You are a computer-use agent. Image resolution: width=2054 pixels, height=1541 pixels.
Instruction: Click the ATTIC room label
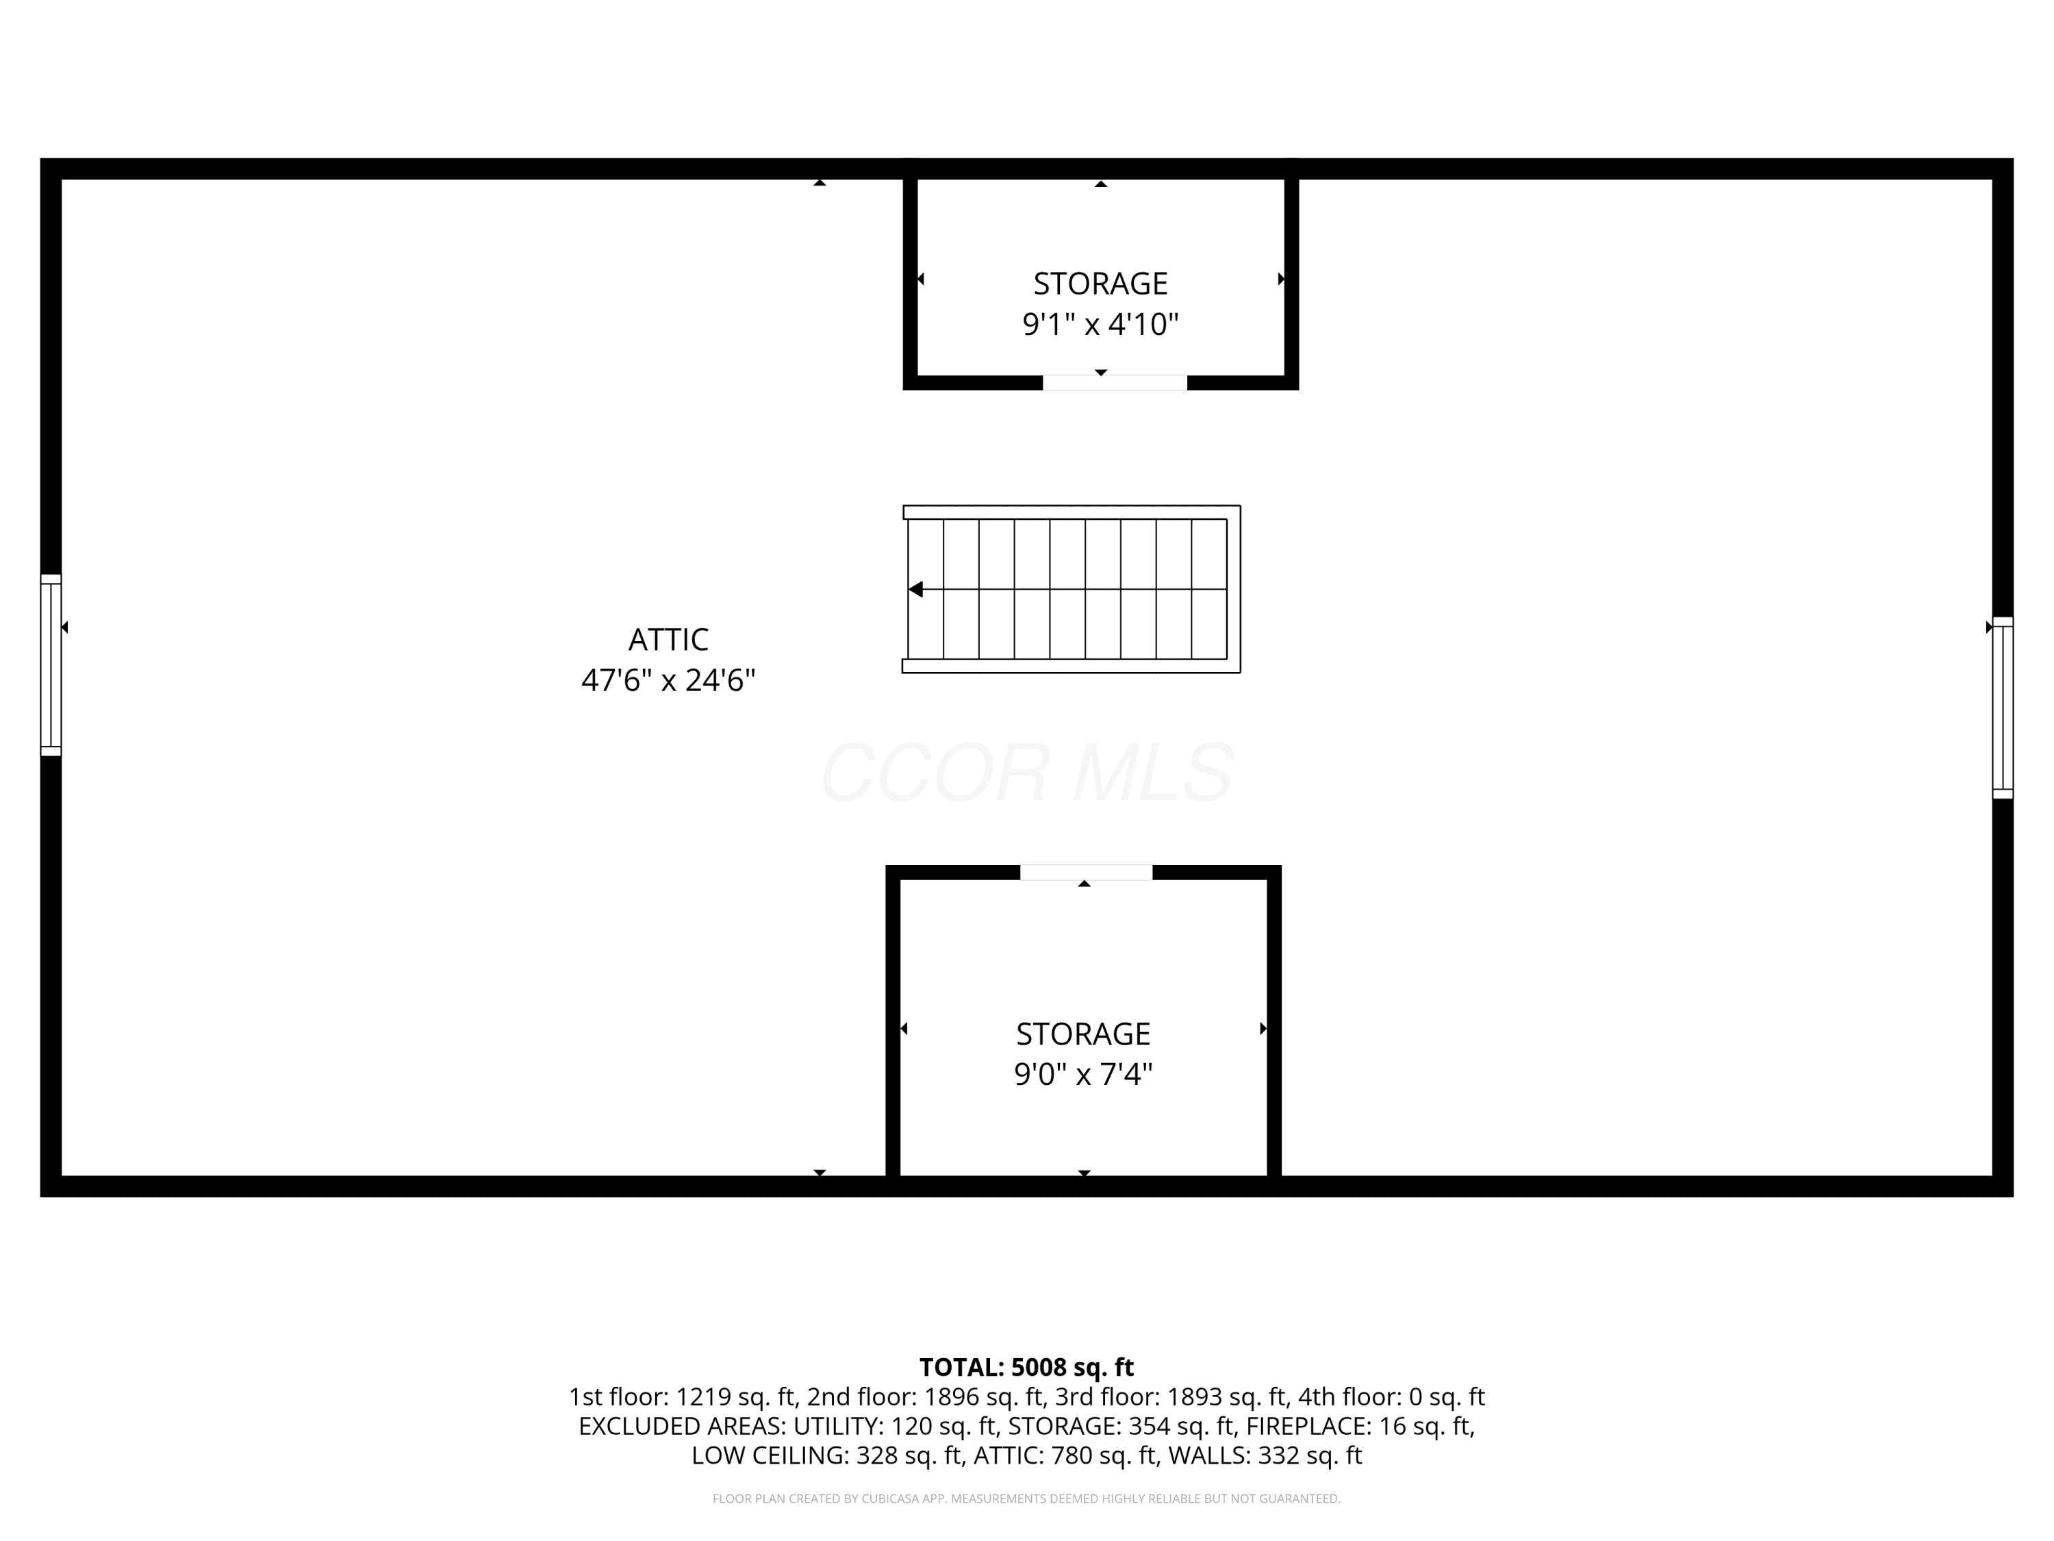coord(668,639)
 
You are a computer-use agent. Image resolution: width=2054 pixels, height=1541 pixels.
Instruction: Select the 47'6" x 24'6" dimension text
coord(668,681)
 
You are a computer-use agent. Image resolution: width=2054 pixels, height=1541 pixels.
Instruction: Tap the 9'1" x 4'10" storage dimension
coord(1100,324)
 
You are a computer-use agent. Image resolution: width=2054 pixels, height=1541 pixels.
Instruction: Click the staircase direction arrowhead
coord(915,589)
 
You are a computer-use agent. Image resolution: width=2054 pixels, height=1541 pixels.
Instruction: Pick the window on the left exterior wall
coord(51,665)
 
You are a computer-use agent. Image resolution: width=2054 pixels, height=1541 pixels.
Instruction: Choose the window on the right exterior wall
coord(2003,707)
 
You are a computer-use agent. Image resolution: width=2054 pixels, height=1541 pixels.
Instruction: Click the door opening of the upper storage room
coord(1114,383)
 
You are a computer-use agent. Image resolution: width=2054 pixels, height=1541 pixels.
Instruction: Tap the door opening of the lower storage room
coord(1087,873)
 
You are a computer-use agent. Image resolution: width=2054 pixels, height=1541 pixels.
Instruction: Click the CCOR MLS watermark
coord(1027,773)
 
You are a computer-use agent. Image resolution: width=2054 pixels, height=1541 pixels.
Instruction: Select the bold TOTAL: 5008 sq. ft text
coord(1027,1367)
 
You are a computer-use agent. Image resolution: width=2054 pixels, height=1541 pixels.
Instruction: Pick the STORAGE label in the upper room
coord(1100,284)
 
